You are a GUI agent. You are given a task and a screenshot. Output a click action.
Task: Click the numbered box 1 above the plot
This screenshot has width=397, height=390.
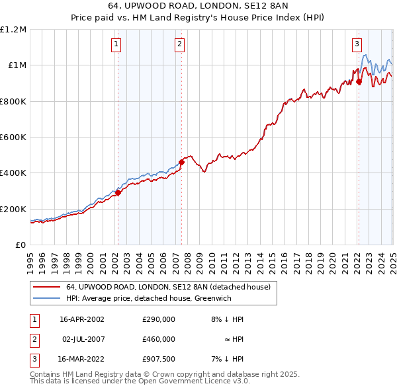(x=116, y=44)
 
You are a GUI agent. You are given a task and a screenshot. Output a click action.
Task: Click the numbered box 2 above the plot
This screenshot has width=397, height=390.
(x=179, y=44)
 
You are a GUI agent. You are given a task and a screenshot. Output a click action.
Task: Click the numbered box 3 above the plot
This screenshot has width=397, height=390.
(x=357, y=44)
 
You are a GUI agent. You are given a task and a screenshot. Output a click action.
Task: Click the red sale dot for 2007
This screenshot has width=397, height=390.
(x=181, y=162)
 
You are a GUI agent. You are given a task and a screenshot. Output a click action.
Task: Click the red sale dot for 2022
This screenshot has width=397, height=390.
(x=359, y=82)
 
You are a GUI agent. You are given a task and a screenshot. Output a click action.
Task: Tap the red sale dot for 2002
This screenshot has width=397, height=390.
(x=118, y=192)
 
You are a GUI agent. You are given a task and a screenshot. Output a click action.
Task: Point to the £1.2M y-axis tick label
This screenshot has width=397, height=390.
(x=13, y=30)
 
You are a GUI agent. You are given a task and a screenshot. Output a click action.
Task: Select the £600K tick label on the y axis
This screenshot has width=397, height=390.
(x=13, y=137)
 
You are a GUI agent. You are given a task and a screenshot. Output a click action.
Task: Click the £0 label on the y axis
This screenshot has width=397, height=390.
(x=21, y=245)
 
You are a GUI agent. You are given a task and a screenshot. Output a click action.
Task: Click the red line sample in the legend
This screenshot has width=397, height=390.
(x=46, y=288)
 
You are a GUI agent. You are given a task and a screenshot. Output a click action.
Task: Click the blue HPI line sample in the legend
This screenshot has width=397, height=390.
(x=46, y=299)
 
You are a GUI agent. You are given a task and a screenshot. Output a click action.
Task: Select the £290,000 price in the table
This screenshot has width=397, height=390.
(x=159, y=319)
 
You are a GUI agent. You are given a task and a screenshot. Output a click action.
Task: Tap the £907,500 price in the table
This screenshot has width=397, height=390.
(x=159, y=360)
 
